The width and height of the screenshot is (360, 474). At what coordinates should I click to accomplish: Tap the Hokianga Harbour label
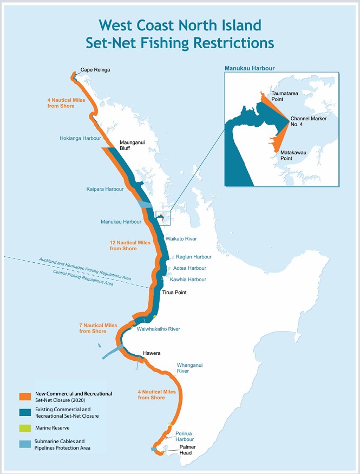pyautogui.click(x=80, y=138)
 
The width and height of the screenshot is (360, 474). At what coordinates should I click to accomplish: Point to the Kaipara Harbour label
pyautogui.click(x=104, y=189)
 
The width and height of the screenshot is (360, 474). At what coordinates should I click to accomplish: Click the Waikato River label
pyautogui.click(x=181, y=238)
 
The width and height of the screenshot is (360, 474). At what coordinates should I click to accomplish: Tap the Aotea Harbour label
pyautogui.click(x=189, y=268)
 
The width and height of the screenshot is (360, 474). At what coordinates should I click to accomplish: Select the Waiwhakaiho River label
pyautogui.click(x=158, y=329)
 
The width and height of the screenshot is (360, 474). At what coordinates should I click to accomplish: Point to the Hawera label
pyautogui.click(x=152, y=353)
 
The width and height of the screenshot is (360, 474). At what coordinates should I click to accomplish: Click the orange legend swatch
pyautogui.click(x=24, y=397)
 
